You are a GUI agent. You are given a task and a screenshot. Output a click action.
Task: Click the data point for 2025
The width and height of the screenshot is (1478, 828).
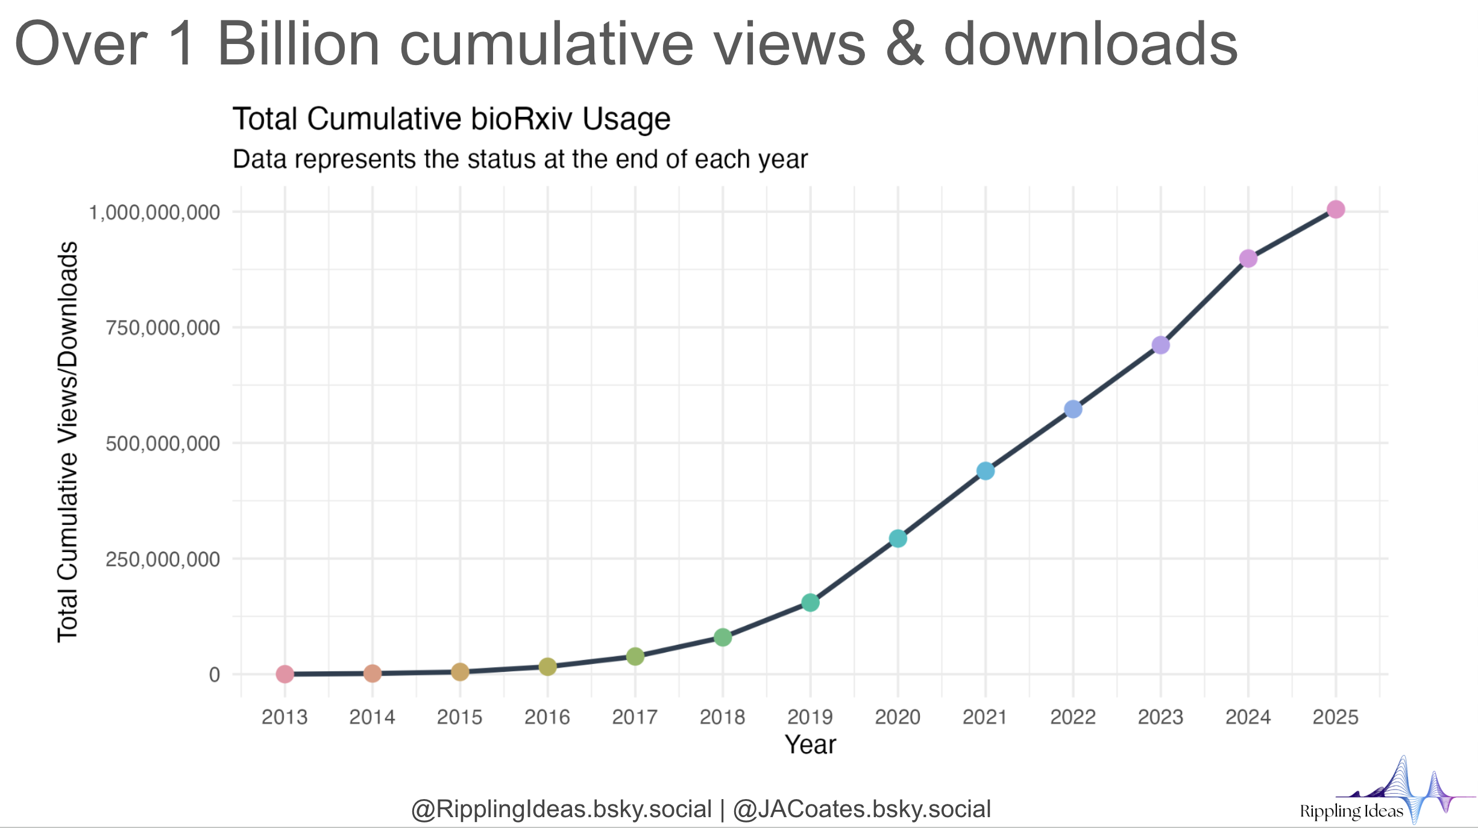(x=1336, y=210)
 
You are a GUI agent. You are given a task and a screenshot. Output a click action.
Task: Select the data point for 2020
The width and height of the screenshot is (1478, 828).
(x=898, y=539)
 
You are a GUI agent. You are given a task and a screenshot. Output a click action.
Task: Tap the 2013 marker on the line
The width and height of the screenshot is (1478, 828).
(x=285, y=674)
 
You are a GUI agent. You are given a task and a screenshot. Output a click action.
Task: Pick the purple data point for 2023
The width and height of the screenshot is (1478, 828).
(x=1161, y=345)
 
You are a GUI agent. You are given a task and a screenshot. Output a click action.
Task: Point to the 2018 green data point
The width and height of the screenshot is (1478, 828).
(x=723, y=637)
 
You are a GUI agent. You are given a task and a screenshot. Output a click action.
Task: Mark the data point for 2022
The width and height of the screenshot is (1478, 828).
(x=1073, y=409)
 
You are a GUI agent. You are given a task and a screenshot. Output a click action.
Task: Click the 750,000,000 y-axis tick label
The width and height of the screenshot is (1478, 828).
(x=163, y=328)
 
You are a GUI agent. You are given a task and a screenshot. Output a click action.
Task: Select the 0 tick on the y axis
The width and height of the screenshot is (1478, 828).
(x=215, y=675)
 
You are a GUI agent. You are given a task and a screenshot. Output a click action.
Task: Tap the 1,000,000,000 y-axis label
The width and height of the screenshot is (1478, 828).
(x=154, y=213)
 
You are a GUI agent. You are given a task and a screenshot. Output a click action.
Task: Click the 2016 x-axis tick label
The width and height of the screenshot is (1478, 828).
(x=547, y=717)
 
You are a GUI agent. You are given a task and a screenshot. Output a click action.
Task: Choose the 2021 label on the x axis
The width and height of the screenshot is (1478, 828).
(x=985, y=717)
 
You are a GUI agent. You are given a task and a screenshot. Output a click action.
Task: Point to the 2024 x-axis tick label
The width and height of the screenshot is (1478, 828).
(x=1248, y=717)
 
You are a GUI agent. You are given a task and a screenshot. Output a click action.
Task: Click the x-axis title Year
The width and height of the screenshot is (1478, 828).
(x=810, y=745)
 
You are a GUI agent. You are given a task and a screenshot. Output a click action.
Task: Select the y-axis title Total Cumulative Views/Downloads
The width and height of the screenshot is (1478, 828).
(x=68, y=442)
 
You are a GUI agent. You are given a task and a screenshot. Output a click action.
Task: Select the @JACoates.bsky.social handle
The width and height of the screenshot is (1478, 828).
(x=862, y=809)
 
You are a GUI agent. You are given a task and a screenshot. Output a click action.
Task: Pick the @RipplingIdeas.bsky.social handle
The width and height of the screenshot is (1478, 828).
(x=561, y=809)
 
